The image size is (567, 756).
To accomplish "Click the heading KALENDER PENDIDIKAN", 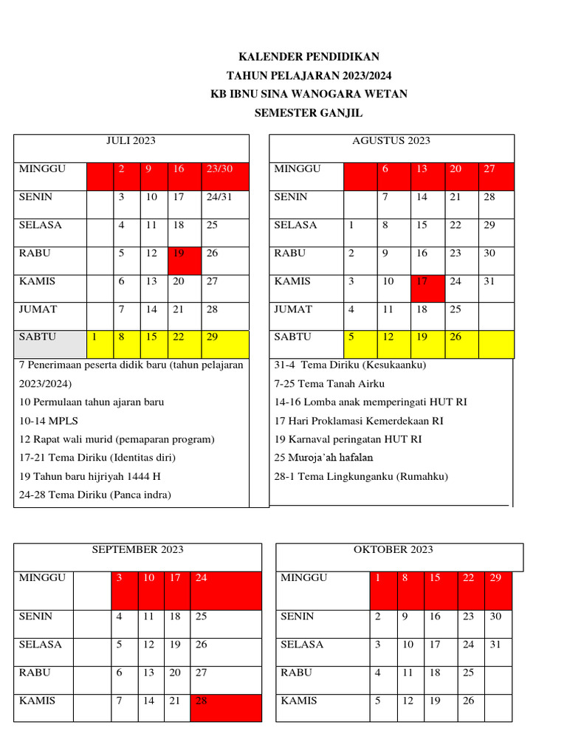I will point(309,57).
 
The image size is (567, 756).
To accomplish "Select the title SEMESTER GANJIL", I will point(309,113).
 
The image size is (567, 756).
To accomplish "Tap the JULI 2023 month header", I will point(131,141).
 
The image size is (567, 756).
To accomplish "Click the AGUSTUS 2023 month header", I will point(391,141).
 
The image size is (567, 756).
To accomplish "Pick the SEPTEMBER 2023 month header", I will point(137,550).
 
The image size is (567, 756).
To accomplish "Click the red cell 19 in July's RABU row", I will point(185,261).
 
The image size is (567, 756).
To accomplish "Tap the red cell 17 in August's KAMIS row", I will point(428,288).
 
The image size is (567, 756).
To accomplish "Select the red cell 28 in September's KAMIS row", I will point(225,707).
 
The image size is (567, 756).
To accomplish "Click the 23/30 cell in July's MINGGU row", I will point(224,176).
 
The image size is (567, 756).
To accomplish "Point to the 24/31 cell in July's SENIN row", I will point(224,205).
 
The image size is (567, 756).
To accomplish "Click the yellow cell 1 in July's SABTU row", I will point(100,344).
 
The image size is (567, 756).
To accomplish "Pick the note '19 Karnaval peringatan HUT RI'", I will point(348,439).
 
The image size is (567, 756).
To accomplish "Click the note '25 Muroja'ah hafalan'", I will point(323,458).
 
